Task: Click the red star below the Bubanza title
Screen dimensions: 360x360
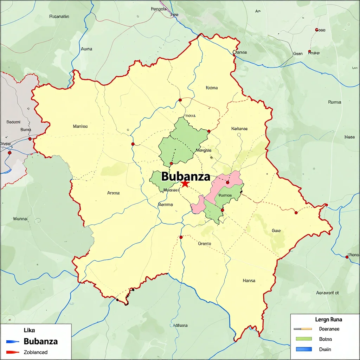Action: point(185,184)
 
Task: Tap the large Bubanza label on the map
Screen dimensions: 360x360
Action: point(186,176)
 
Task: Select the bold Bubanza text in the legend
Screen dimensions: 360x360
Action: point(41,341)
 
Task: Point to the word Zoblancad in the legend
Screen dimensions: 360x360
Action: point(36,352)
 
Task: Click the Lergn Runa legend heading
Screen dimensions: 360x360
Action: point(329,320)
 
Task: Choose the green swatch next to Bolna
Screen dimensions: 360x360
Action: point(304,339)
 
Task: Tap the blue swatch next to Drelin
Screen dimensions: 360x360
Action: point(304,349)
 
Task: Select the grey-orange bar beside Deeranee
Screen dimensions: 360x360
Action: point(302,329)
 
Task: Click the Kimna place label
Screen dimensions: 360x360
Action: point(212,88)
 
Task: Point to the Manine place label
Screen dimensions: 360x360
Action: point(80,126)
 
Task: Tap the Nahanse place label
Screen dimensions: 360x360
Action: point(239,129)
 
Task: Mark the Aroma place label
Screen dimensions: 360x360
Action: point(113,193)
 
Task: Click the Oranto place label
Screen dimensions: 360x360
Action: point(205,243)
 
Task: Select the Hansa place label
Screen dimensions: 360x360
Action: point(249,281)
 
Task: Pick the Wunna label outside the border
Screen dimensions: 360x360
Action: point(20,218)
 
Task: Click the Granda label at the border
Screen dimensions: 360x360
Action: point(240,52)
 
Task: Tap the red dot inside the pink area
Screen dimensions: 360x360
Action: point(227,182)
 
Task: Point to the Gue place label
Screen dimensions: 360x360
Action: point(276,231)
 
